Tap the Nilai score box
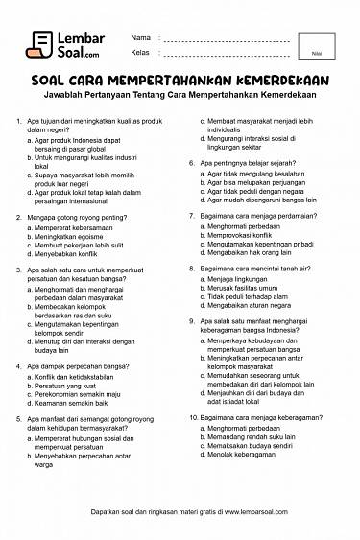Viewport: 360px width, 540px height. click(x=316, y=46)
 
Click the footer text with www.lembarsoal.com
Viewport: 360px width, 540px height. click(x=180, y=514)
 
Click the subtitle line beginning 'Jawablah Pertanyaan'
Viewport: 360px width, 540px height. click(x=180, y=97)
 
